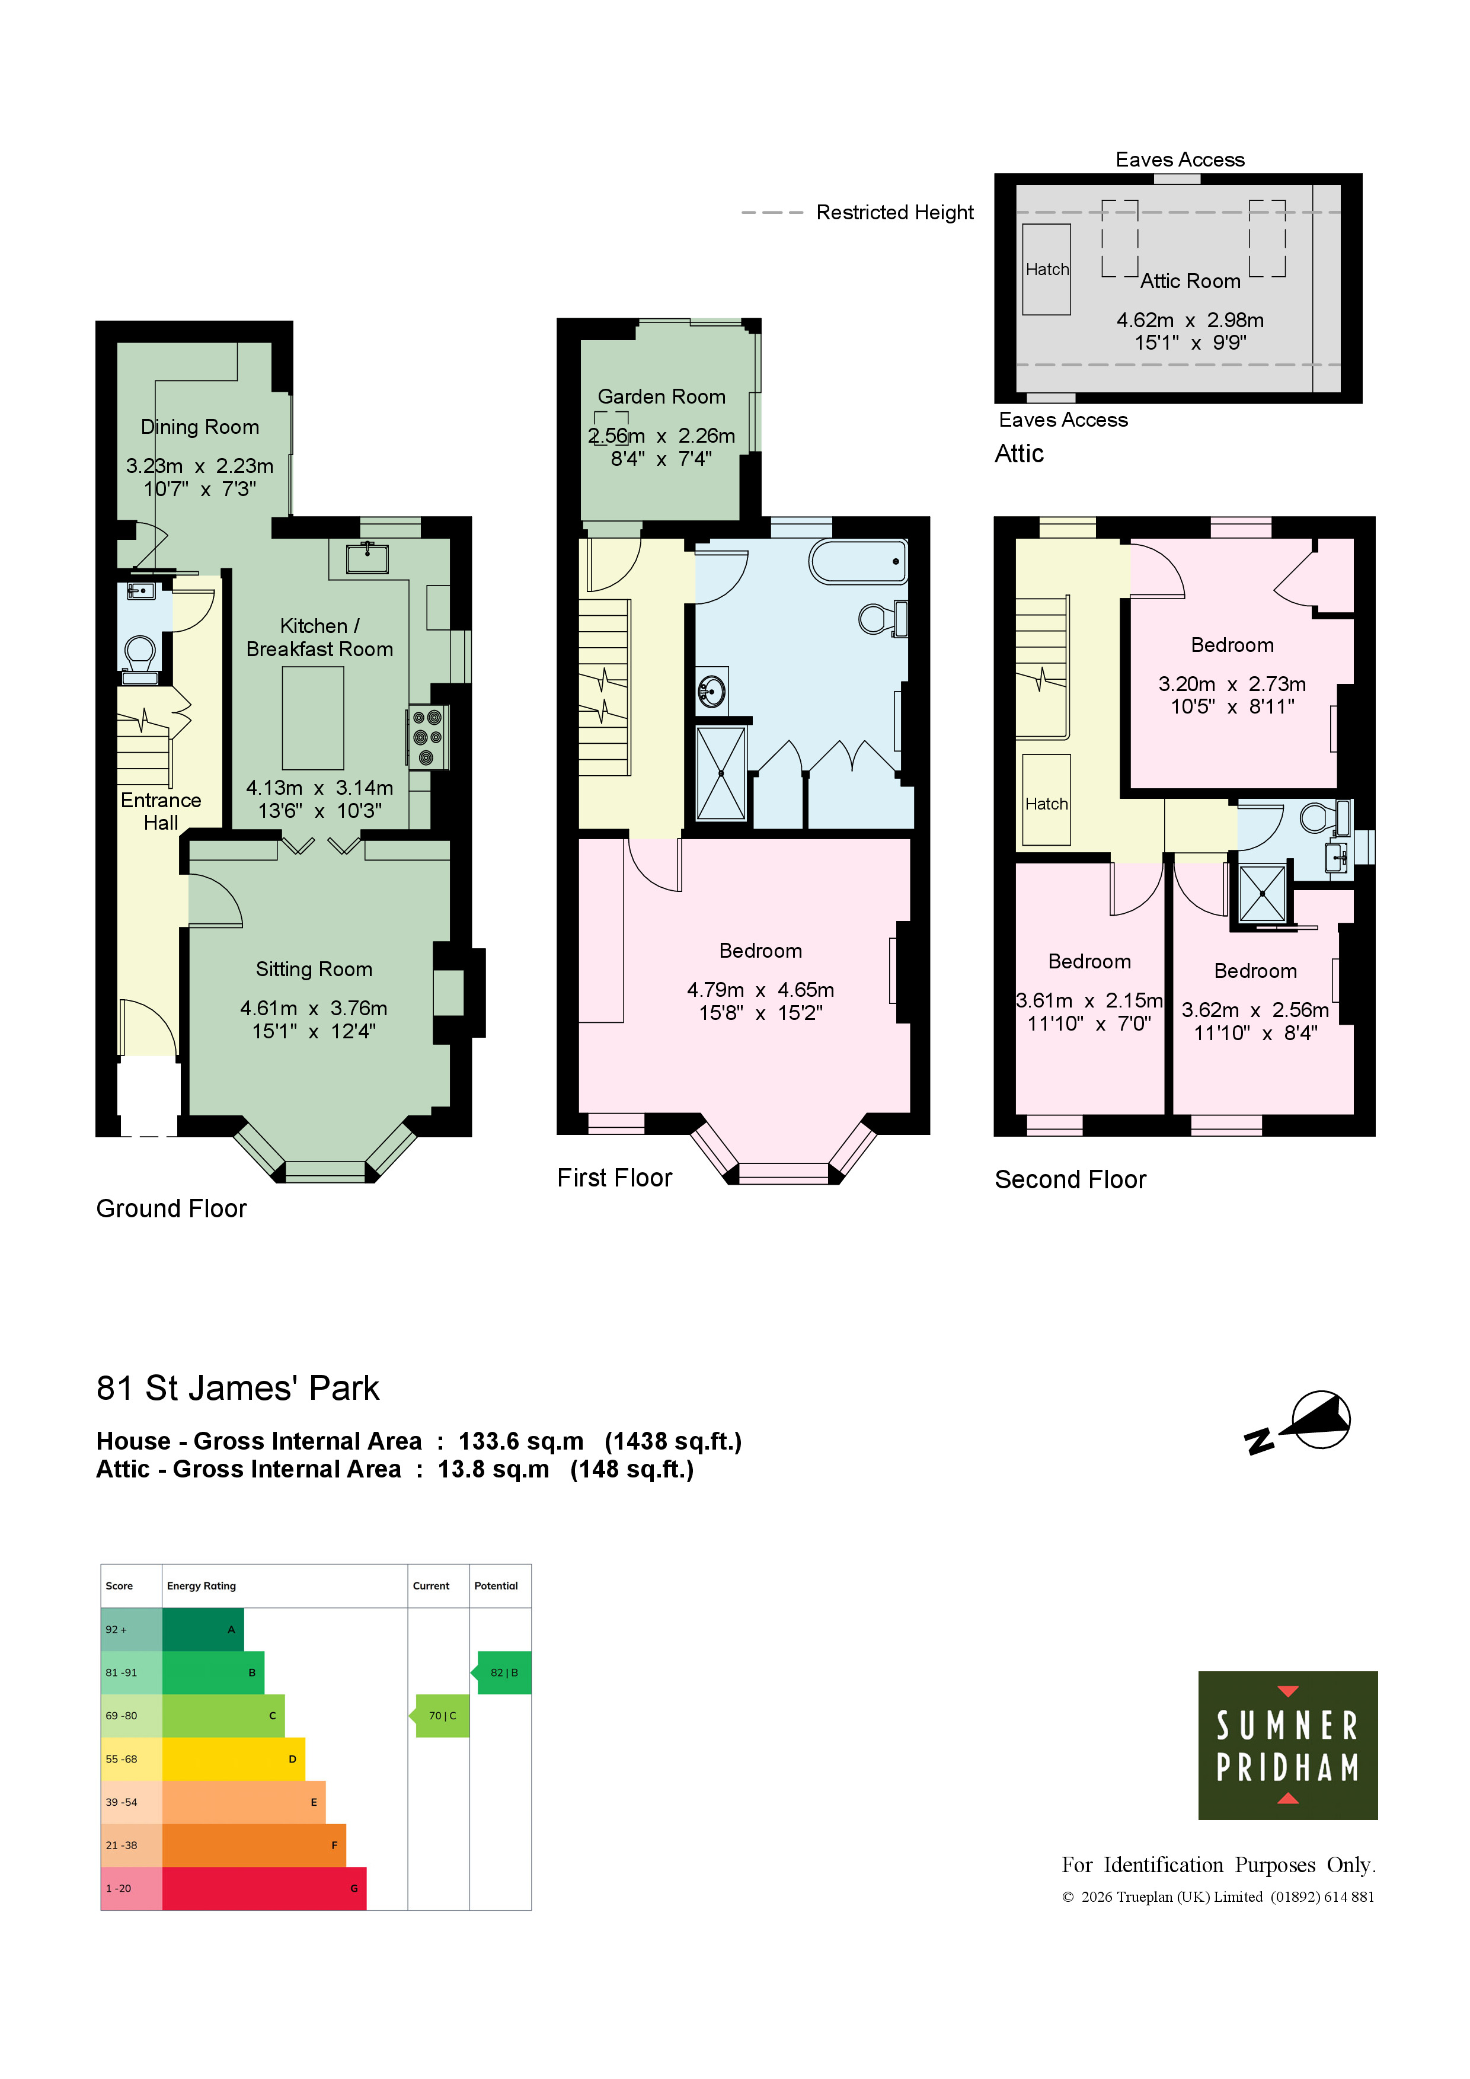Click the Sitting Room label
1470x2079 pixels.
314,969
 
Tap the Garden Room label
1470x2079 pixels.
661,396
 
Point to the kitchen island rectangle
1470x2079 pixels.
312,718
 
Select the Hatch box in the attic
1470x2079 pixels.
1046,269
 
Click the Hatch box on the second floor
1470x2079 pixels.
1046,799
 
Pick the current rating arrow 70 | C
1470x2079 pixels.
439,1715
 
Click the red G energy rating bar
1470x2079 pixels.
264,1888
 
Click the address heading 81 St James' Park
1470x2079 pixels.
237,1388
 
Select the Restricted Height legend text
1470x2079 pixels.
895,212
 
